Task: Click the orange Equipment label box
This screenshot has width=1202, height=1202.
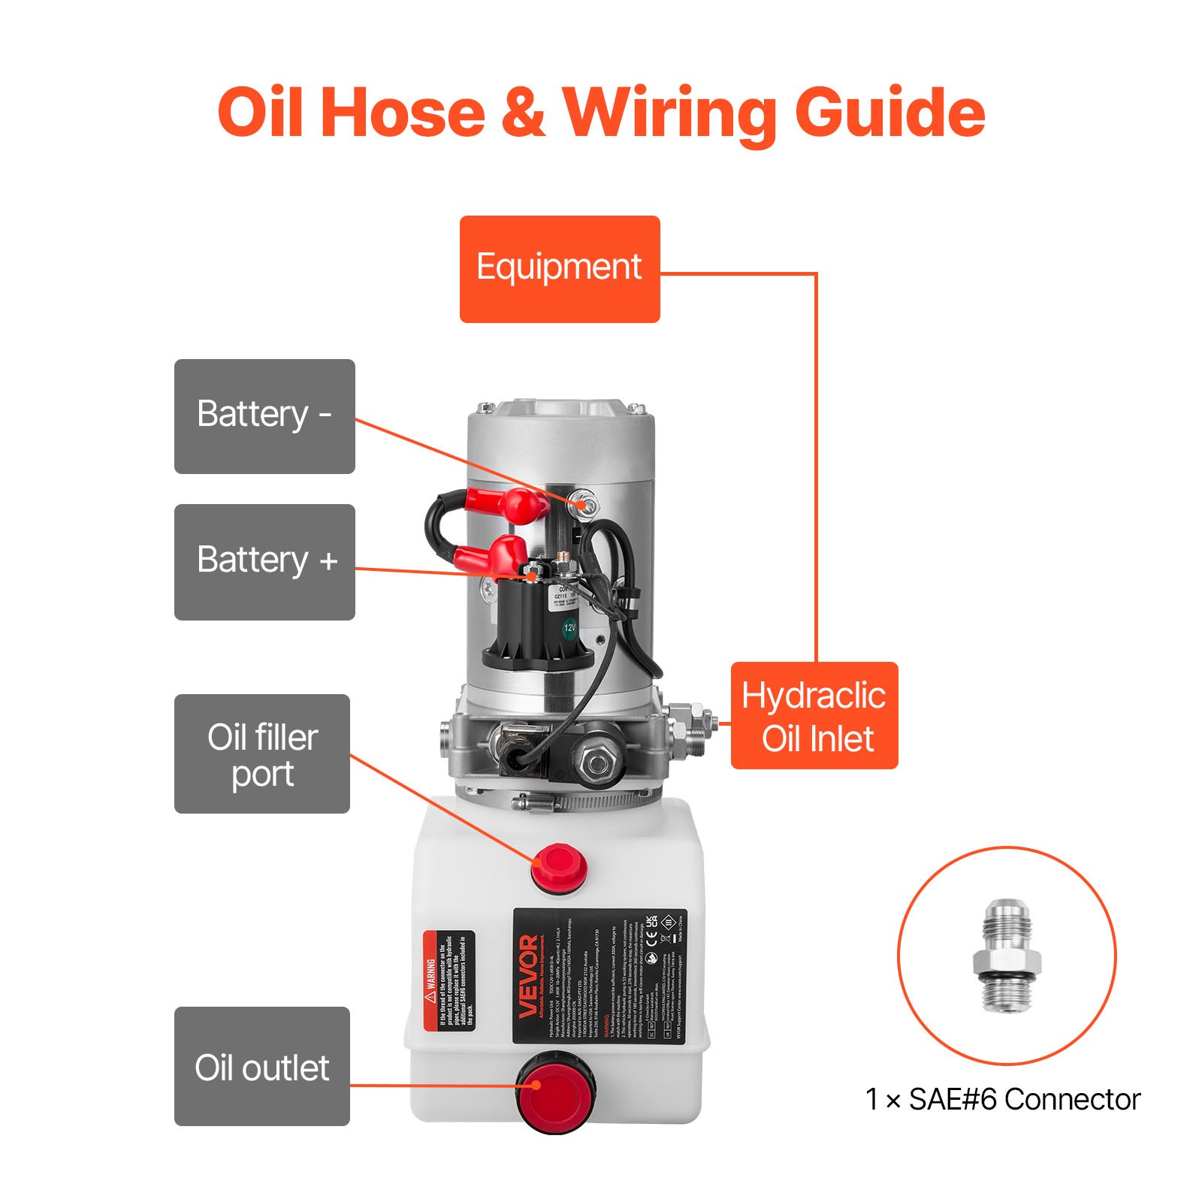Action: (559, 269)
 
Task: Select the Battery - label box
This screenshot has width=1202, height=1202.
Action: (264, 416)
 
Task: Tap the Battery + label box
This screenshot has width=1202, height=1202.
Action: (264, 562)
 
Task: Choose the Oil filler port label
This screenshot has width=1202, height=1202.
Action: (262, 754)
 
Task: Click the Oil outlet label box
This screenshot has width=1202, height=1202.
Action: (262, 1066)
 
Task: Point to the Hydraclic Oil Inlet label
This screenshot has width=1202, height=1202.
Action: (814, 715)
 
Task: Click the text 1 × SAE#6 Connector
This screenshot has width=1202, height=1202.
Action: (1002, 1099)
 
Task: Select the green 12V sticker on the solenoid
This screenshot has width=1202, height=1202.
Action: (570, 627)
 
